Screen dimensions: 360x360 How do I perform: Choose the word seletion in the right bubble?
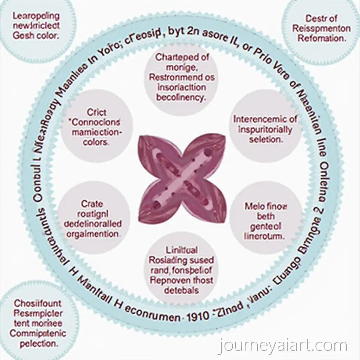[x=265, y=140]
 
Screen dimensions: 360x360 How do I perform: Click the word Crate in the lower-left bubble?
[x=92, y=204]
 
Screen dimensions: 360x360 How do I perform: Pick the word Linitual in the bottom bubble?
[x=181, y=250]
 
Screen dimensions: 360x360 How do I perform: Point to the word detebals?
[x=181, y=290]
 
